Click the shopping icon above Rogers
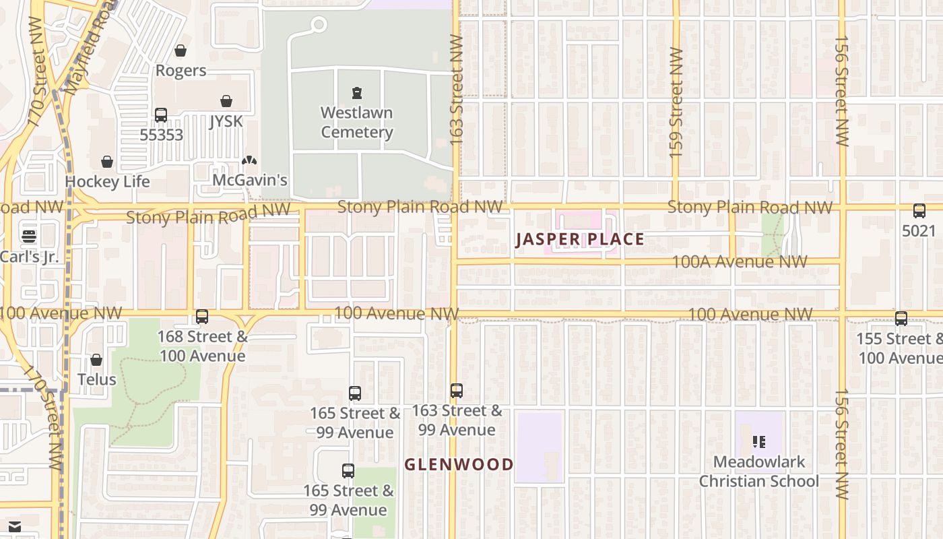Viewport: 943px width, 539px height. (180, 51)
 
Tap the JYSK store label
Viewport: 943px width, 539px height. (226, 121)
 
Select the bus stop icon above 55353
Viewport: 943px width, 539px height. (160, 115)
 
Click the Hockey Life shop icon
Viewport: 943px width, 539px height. (106, 162)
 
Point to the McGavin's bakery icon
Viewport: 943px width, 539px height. (249, 161)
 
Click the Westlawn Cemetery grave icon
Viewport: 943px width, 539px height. (356, 93)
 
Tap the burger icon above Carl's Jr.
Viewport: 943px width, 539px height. (28, 236)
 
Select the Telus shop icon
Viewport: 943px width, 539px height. (96, 360)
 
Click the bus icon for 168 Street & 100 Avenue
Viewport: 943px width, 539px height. (201, 317)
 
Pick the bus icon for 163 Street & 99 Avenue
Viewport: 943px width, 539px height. (456, 390)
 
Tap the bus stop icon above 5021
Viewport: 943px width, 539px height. (919, 211)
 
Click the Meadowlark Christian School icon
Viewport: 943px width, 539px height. (759, 442)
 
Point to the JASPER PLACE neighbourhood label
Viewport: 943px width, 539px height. (580, 239)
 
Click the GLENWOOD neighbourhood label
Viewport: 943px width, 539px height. (459, 464)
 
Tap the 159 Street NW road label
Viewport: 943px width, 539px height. (676, 102)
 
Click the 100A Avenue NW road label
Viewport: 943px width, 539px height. (740, 261)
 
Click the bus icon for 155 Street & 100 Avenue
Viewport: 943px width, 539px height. (901, 319)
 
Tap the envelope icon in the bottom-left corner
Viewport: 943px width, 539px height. (15, 526)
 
